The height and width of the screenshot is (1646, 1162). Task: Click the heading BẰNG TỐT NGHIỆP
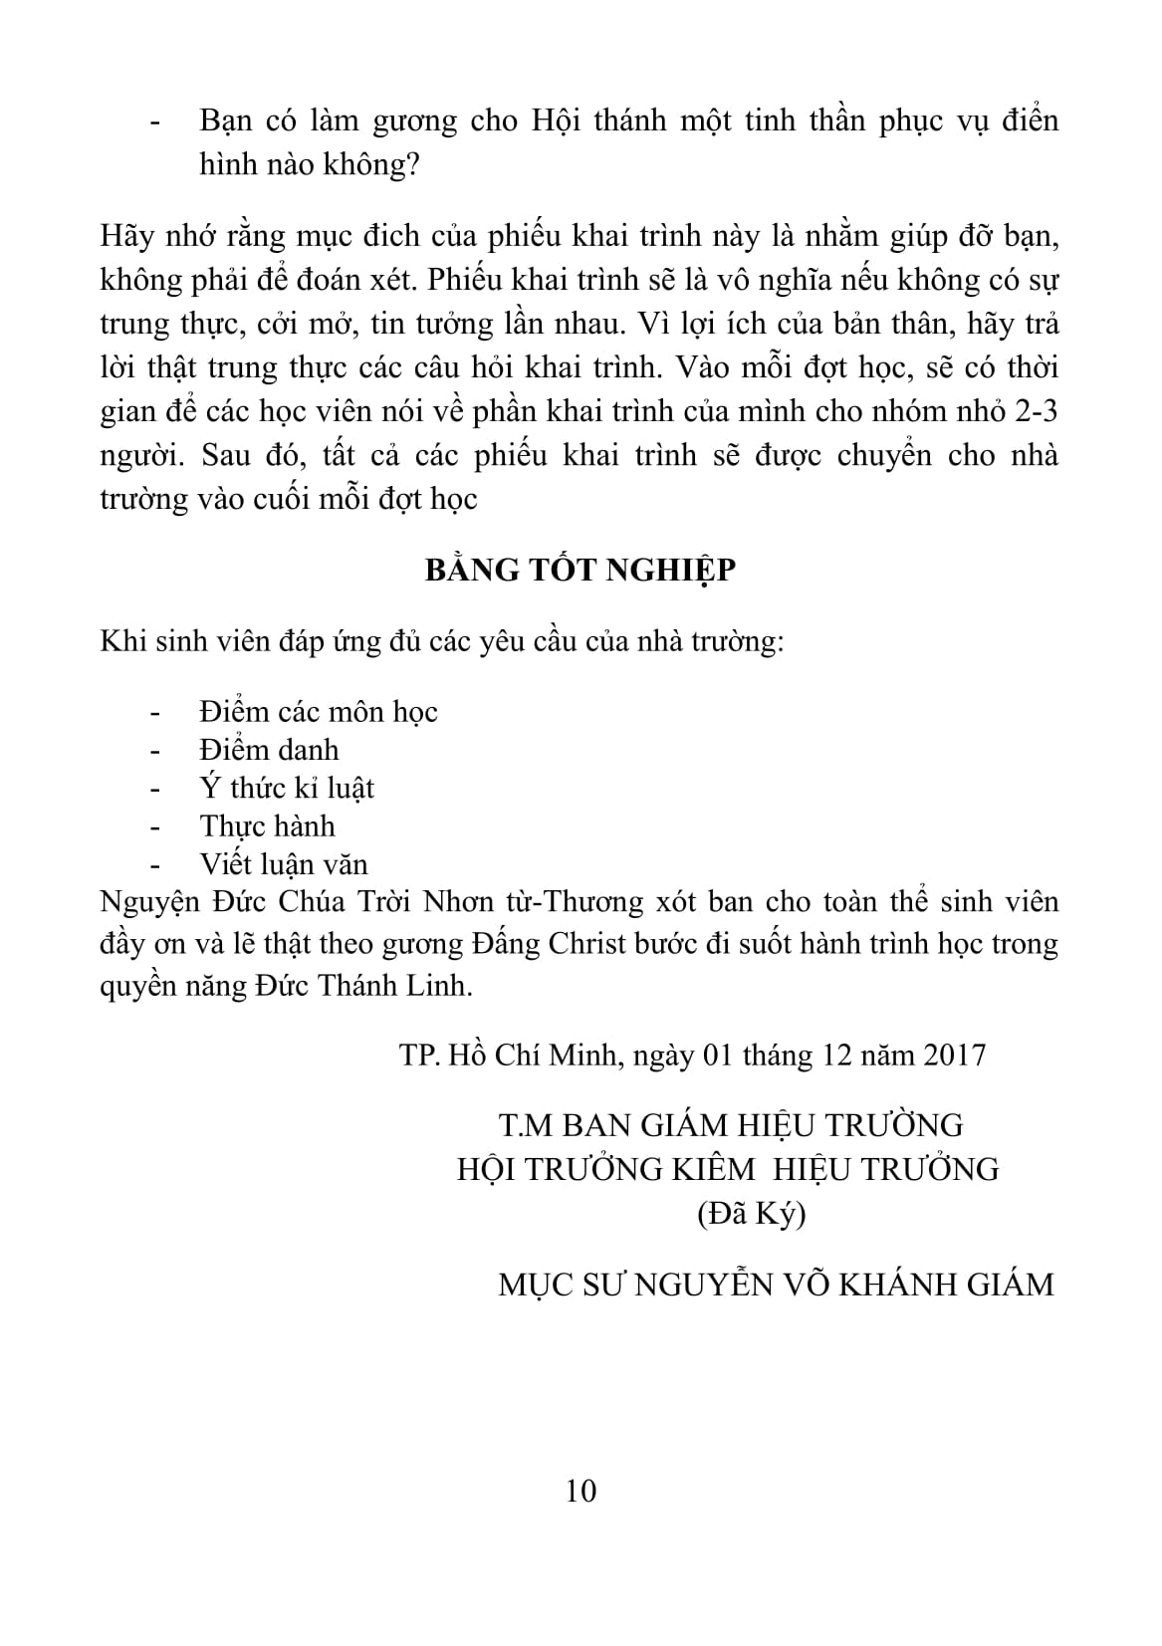click(581, 572)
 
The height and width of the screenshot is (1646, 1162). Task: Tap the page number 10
click(581, 1492)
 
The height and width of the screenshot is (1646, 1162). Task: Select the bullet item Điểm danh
click(269, 750)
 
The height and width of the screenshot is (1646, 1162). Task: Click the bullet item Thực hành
click(267, 826)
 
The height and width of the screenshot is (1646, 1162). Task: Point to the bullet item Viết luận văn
click(284, 864)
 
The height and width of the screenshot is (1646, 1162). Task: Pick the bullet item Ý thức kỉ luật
click(287, 788)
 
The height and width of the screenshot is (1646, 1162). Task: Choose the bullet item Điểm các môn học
click(319, 712)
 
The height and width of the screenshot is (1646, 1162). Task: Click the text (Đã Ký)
click(751, 1214)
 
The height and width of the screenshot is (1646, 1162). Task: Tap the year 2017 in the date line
click(955, 1055)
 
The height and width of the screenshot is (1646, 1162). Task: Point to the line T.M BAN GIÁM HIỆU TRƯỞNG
click(731, 1125)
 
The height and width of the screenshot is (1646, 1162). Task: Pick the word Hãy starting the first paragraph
click(124, 238)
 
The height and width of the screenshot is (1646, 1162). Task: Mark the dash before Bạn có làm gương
click(154, 122)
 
